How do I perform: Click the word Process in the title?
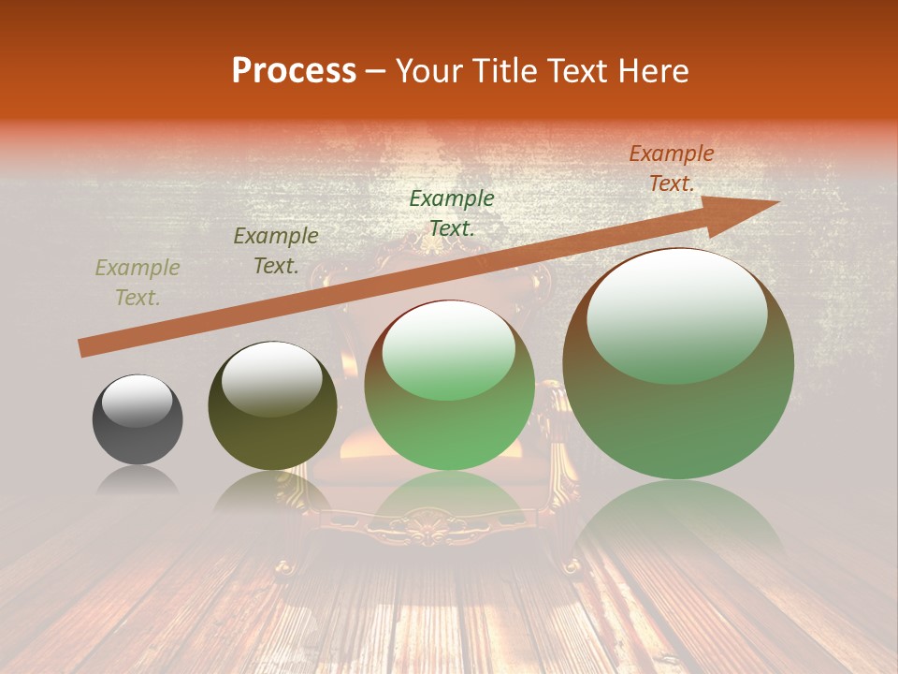294,71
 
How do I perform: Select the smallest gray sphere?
138,420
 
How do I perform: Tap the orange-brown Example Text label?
671,168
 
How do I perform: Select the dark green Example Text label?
452,212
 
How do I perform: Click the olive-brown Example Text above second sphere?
276,251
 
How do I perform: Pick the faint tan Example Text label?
138,283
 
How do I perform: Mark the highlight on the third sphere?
449,349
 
